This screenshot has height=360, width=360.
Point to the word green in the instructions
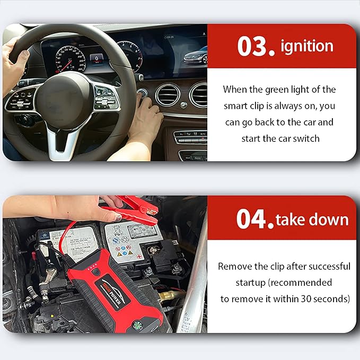click(277, 90)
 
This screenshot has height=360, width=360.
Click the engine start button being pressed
click(142, 93)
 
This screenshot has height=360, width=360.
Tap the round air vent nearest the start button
click(168, 95)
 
